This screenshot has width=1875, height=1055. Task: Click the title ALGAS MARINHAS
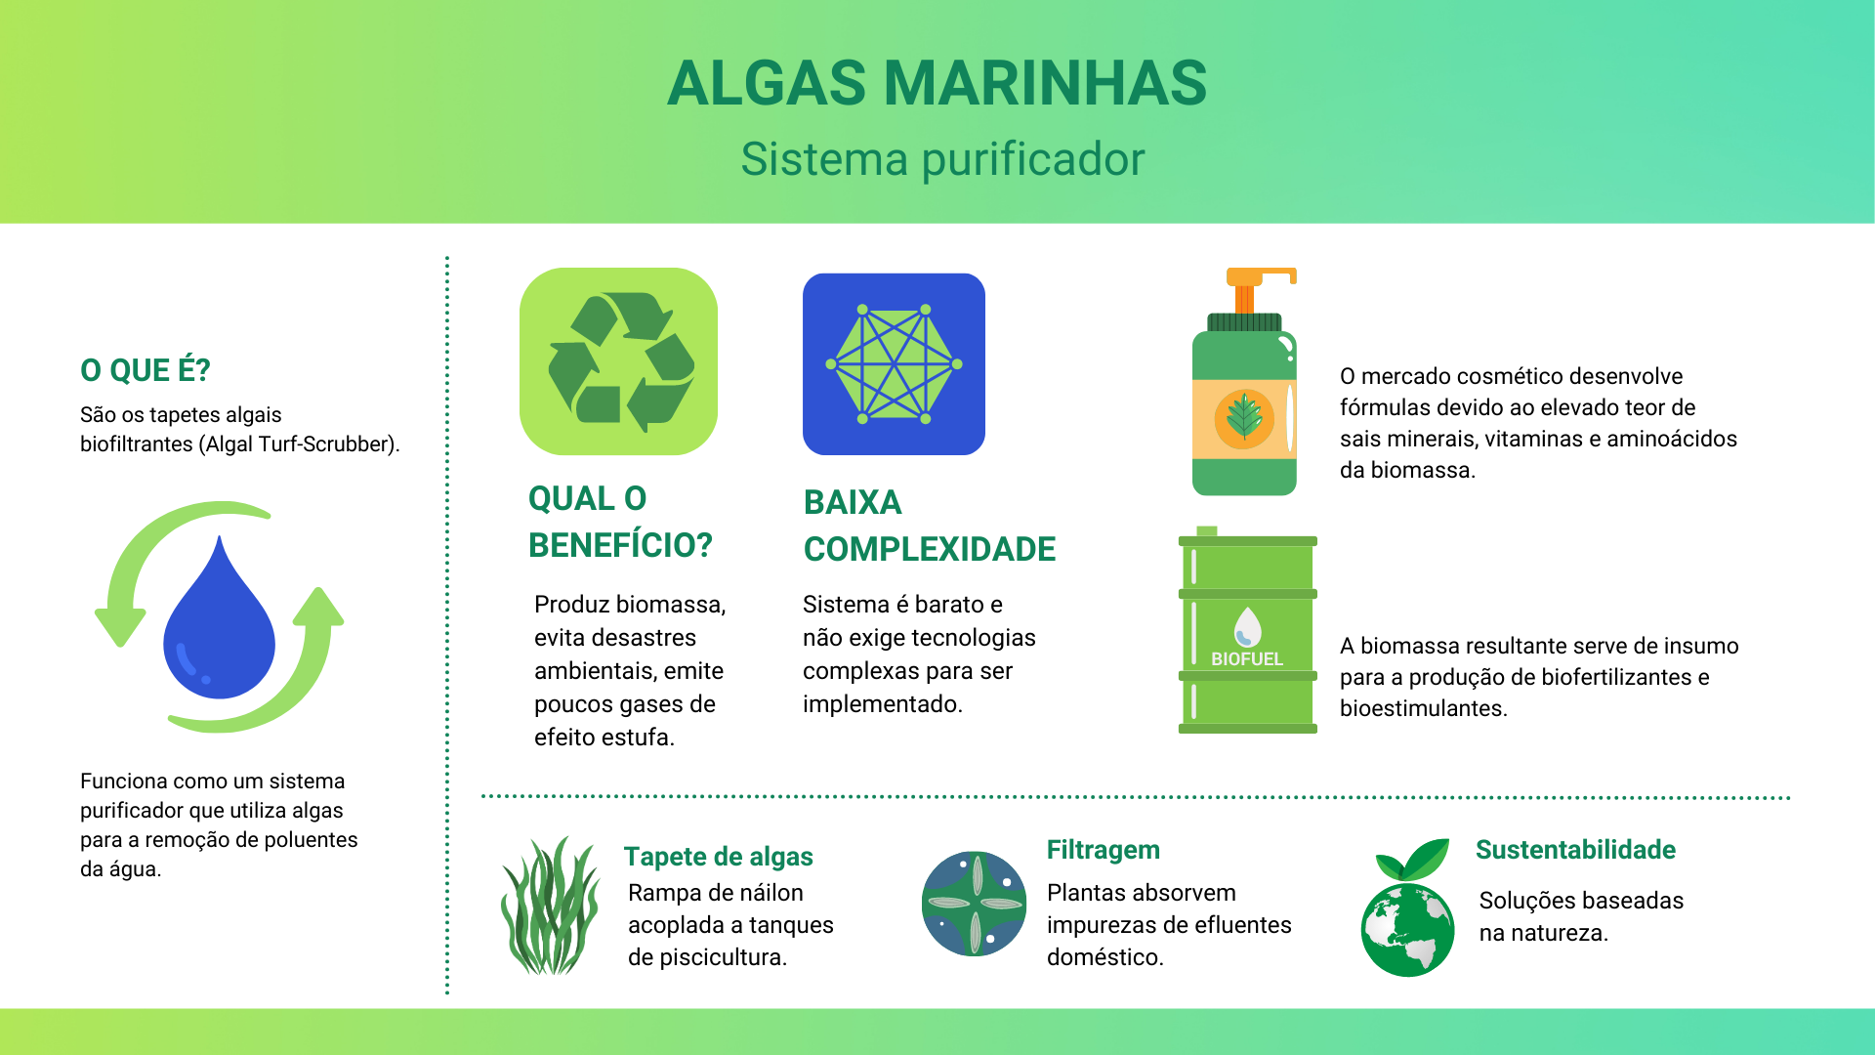pos(937,83)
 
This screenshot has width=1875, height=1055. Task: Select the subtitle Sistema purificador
pos(942,159)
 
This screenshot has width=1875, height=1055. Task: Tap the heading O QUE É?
pos(146,370)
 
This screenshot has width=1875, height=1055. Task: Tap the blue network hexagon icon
pos(894,363)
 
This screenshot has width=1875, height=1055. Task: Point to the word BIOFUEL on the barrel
pos(1247,659)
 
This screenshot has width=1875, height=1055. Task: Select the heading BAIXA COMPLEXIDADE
pos(930,526)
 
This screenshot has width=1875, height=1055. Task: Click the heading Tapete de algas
pos(719,857)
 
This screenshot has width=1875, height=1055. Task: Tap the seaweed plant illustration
pos(550,906)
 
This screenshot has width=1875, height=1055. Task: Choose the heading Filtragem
pos(1104,850)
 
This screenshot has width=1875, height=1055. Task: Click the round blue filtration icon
pos(975,904)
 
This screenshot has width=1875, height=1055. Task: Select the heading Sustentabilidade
pos(1575,850)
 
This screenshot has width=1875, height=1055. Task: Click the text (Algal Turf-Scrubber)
pos(299,444)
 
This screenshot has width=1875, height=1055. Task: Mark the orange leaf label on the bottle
pos(1244,418)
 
